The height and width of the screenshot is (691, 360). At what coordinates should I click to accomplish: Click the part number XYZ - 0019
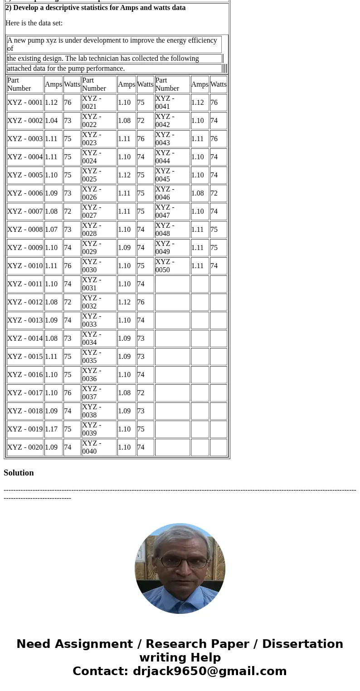point(25,429)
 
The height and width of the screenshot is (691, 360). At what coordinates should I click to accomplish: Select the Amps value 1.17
point(51,429)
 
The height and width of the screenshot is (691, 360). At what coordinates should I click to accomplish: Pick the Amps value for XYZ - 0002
point(51,121)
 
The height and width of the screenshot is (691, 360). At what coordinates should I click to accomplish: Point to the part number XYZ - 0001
point(25,103)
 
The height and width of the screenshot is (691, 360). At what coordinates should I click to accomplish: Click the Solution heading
point(19,473)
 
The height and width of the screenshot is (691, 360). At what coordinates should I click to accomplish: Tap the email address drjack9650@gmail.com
point(209,671)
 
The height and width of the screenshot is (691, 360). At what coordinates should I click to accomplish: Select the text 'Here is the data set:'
point(34,23)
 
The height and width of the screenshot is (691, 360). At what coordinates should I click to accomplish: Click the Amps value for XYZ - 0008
point(51,230)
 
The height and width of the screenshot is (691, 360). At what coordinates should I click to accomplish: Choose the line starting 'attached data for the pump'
point(66,69)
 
